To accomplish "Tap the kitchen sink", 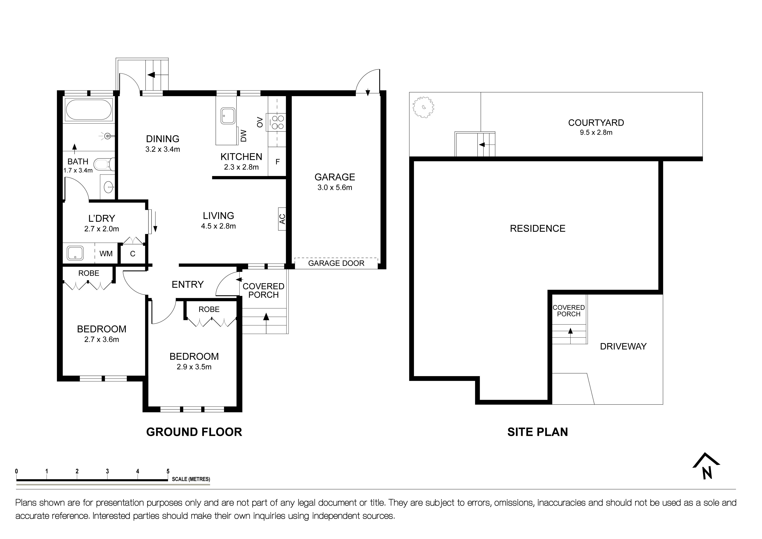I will click(228, 116).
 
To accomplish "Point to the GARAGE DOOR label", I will click(336, 263).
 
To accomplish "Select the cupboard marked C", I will click(132, 254).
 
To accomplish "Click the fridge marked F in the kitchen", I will click(277, 162).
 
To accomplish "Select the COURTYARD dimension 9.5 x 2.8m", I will click(596, 132).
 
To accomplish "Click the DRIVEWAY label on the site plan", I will click(623, 347).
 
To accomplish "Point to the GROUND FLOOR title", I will click(194, 432).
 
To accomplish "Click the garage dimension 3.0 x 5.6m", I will click(335, 188).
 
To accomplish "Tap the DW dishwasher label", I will click(244, 135).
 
